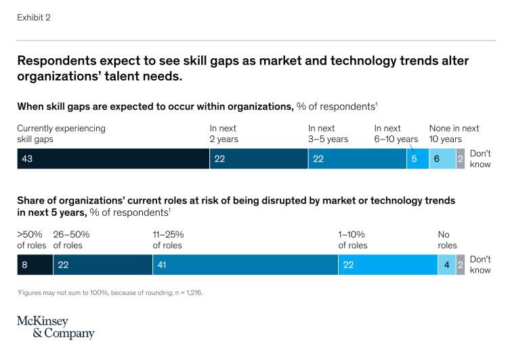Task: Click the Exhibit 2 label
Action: (x=34, y=18)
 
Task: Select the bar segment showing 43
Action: (x=113, y=158)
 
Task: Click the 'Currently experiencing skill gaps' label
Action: (x=61, y=133)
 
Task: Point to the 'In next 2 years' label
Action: (x=224, y=133)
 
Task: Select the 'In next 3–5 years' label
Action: (x=328, y=133)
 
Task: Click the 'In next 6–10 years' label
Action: (x=396, y=133)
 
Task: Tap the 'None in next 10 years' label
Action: (x=454, y=133)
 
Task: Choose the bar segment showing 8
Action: (x=35, y=265)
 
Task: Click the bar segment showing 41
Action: (x=245, y=265)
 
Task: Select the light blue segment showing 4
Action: (x=446, y=265)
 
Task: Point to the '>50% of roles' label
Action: (x=31, y=240)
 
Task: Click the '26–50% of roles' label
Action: (x=71, y=240)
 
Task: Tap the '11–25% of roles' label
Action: (x=168, y=240)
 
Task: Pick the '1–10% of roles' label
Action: (x=353, y=240)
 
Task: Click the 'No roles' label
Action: (x=447, y=240)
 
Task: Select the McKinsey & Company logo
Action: (x=56, y=328)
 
